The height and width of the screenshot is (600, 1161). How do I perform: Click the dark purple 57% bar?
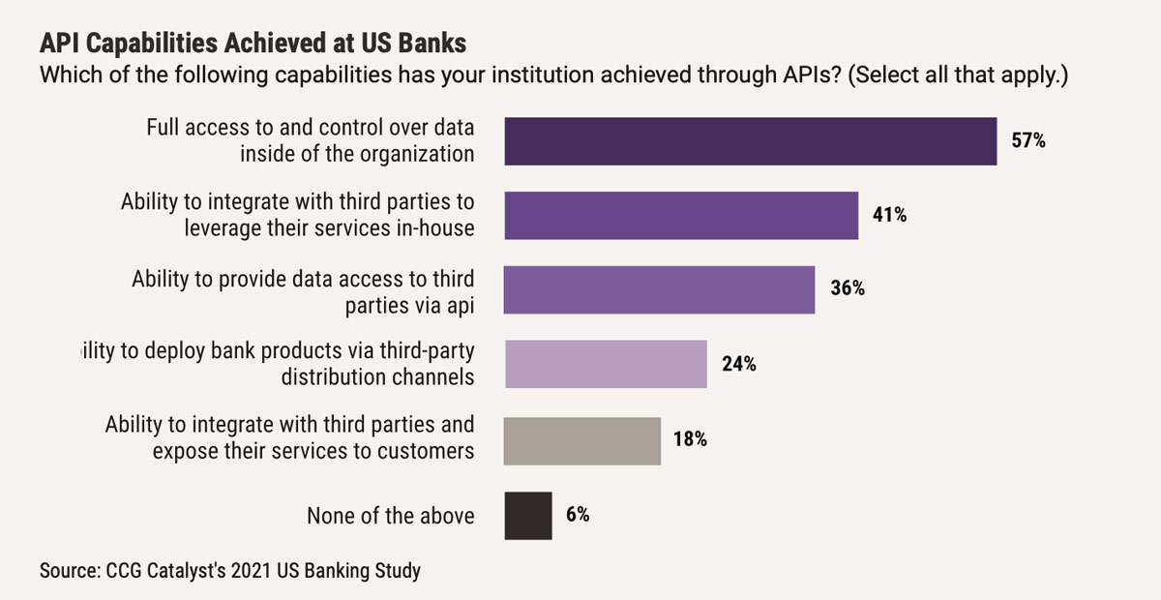click(x=750, y=141)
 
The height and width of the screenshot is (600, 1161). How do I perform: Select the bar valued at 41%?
click(x=681, y=215)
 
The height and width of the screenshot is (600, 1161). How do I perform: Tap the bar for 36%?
click(x=659, y=289)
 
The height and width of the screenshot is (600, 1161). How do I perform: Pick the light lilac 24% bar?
click(x=606, y=364)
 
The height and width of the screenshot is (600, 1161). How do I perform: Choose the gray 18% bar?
click(x=582, y=439)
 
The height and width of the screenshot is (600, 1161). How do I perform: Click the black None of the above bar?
click(x=528, y=515)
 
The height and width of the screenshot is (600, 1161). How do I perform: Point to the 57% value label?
click(x=1028, y=141)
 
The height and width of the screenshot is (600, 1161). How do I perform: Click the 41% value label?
click(x=889, y=215)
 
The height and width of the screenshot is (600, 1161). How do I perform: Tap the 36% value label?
click(x=847, y=289)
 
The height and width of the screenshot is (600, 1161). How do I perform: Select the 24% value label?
click(x=738, y=364)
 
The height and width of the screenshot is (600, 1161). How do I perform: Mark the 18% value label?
click(x=690, y=439)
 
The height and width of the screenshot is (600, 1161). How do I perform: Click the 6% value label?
click(x=578, y=515)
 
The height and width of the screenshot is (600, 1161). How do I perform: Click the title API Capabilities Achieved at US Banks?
click(x=253, y=45)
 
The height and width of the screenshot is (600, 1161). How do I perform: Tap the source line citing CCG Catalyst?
click(x=230, y=570)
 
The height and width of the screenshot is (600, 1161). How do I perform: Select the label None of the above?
click(x=391, y=516)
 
